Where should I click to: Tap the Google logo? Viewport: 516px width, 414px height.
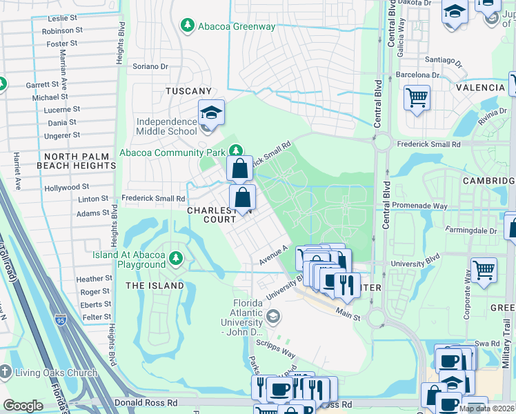(23, 406)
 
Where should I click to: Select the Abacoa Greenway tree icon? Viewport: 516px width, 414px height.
(187, 26)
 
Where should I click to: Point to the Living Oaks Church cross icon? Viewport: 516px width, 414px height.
(6, 373)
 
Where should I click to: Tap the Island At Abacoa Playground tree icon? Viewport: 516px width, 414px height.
(177, 258)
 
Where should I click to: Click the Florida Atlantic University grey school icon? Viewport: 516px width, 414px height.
(272, 316)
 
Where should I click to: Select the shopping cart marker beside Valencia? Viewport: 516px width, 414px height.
(417, 98)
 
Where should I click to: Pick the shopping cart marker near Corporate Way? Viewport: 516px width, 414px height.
(484, 270)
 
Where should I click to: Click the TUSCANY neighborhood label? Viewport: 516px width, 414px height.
(188, 91)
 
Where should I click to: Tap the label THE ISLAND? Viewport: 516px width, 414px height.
(155, 286)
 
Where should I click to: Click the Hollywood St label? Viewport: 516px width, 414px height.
(67, 187)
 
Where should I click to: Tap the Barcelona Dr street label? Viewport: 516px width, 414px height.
(417, 75)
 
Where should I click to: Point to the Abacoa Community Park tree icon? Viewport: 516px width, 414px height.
(237, 150)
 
